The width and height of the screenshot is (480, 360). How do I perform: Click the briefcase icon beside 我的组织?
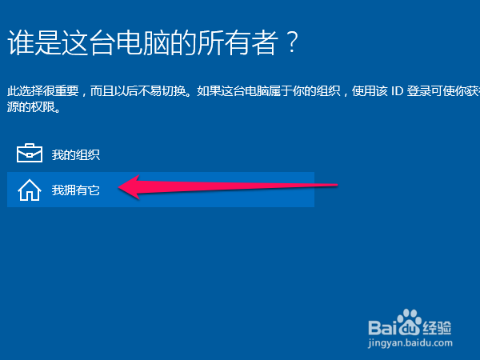pos(30,153)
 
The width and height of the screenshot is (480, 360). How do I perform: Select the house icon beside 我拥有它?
pos(30,190)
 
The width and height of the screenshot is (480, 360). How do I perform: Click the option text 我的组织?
pos(76,154)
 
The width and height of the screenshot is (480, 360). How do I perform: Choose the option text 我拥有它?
pos(76,190)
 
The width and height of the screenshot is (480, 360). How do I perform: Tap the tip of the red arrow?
pos(118,186)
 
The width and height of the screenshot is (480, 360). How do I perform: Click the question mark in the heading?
pos(292,42)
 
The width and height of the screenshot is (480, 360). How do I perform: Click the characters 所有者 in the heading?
pos(238,42)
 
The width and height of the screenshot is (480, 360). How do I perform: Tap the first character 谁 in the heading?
pos(20,42)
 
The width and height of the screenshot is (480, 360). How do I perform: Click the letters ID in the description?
pos(398,91)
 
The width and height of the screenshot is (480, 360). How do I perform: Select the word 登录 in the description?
pos(418,91)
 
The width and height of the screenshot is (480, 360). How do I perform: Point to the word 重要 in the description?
pos(66,91)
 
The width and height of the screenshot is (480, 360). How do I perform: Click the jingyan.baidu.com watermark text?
pos(410,343)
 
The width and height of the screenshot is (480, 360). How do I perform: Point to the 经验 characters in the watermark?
pos(437,328)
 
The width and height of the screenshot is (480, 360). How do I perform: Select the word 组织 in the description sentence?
pos(329,91)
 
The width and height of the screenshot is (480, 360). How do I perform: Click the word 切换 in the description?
pos(174,91)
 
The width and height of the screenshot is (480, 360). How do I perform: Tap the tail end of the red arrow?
pos(337,185)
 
